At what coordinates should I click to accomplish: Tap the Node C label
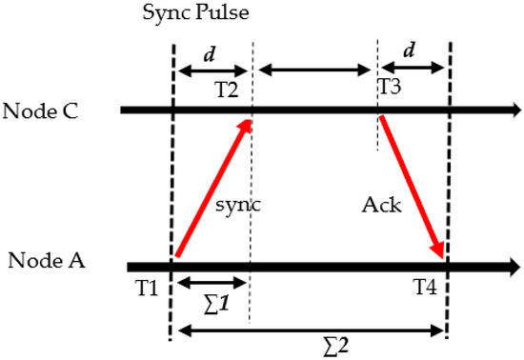coord(45,110)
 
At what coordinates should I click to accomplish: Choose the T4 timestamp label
coord(425,285)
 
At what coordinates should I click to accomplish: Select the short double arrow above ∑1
coord(211,283)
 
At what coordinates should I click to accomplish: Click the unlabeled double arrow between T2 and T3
coord(314,70)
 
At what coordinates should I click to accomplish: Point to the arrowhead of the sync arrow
coord(248,124)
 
